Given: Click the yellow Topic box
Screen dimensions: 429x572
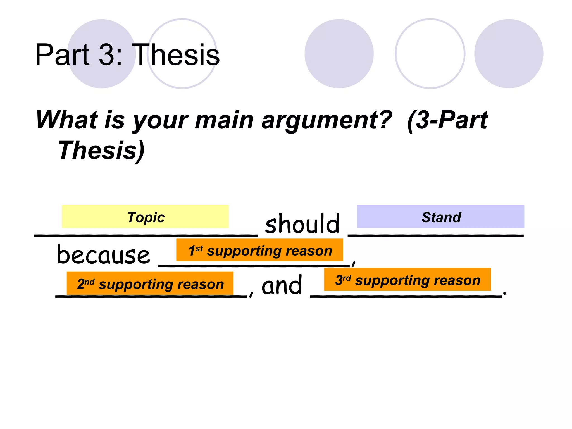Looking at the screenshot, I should [x=145, y=216].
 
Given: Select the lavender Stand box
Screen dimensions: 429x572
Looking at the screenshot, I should [x=440, y=216].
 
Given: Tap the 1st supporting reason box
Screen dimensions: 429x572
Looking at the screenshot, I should [x=259, y=250].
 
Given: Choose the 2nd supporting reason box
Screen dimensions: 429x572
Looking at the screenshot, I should [x=150, y=283].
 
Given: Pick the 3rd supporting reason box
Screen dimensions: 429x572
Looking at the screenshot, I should [x=407, y=279].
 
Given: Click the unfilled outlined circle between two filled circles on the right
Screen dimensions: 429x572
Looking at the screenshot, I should [x=430, y=54].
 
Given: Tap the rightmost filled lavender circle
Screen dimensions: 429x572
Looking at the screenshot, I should [x=509, y=54].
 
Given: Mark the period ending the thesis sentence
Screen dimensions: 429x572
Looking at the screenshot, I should [x=505, y=293].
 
